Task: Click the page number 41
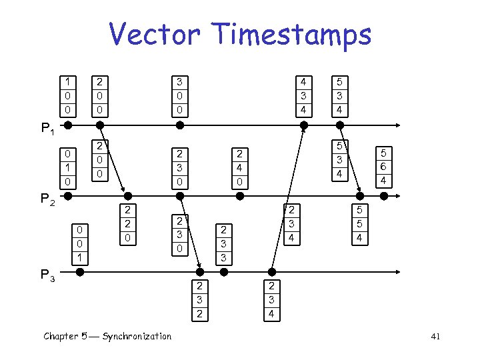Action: (435, 337)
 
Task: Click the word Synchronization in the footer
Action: (137, 336)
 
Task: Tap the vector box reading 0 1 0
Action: (67, 168)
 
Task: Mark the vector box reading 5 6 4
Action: (383, 167)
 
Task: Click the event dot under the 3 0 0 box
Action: (179, 125)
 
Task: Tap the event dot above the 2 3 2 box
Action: (199, 271)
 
